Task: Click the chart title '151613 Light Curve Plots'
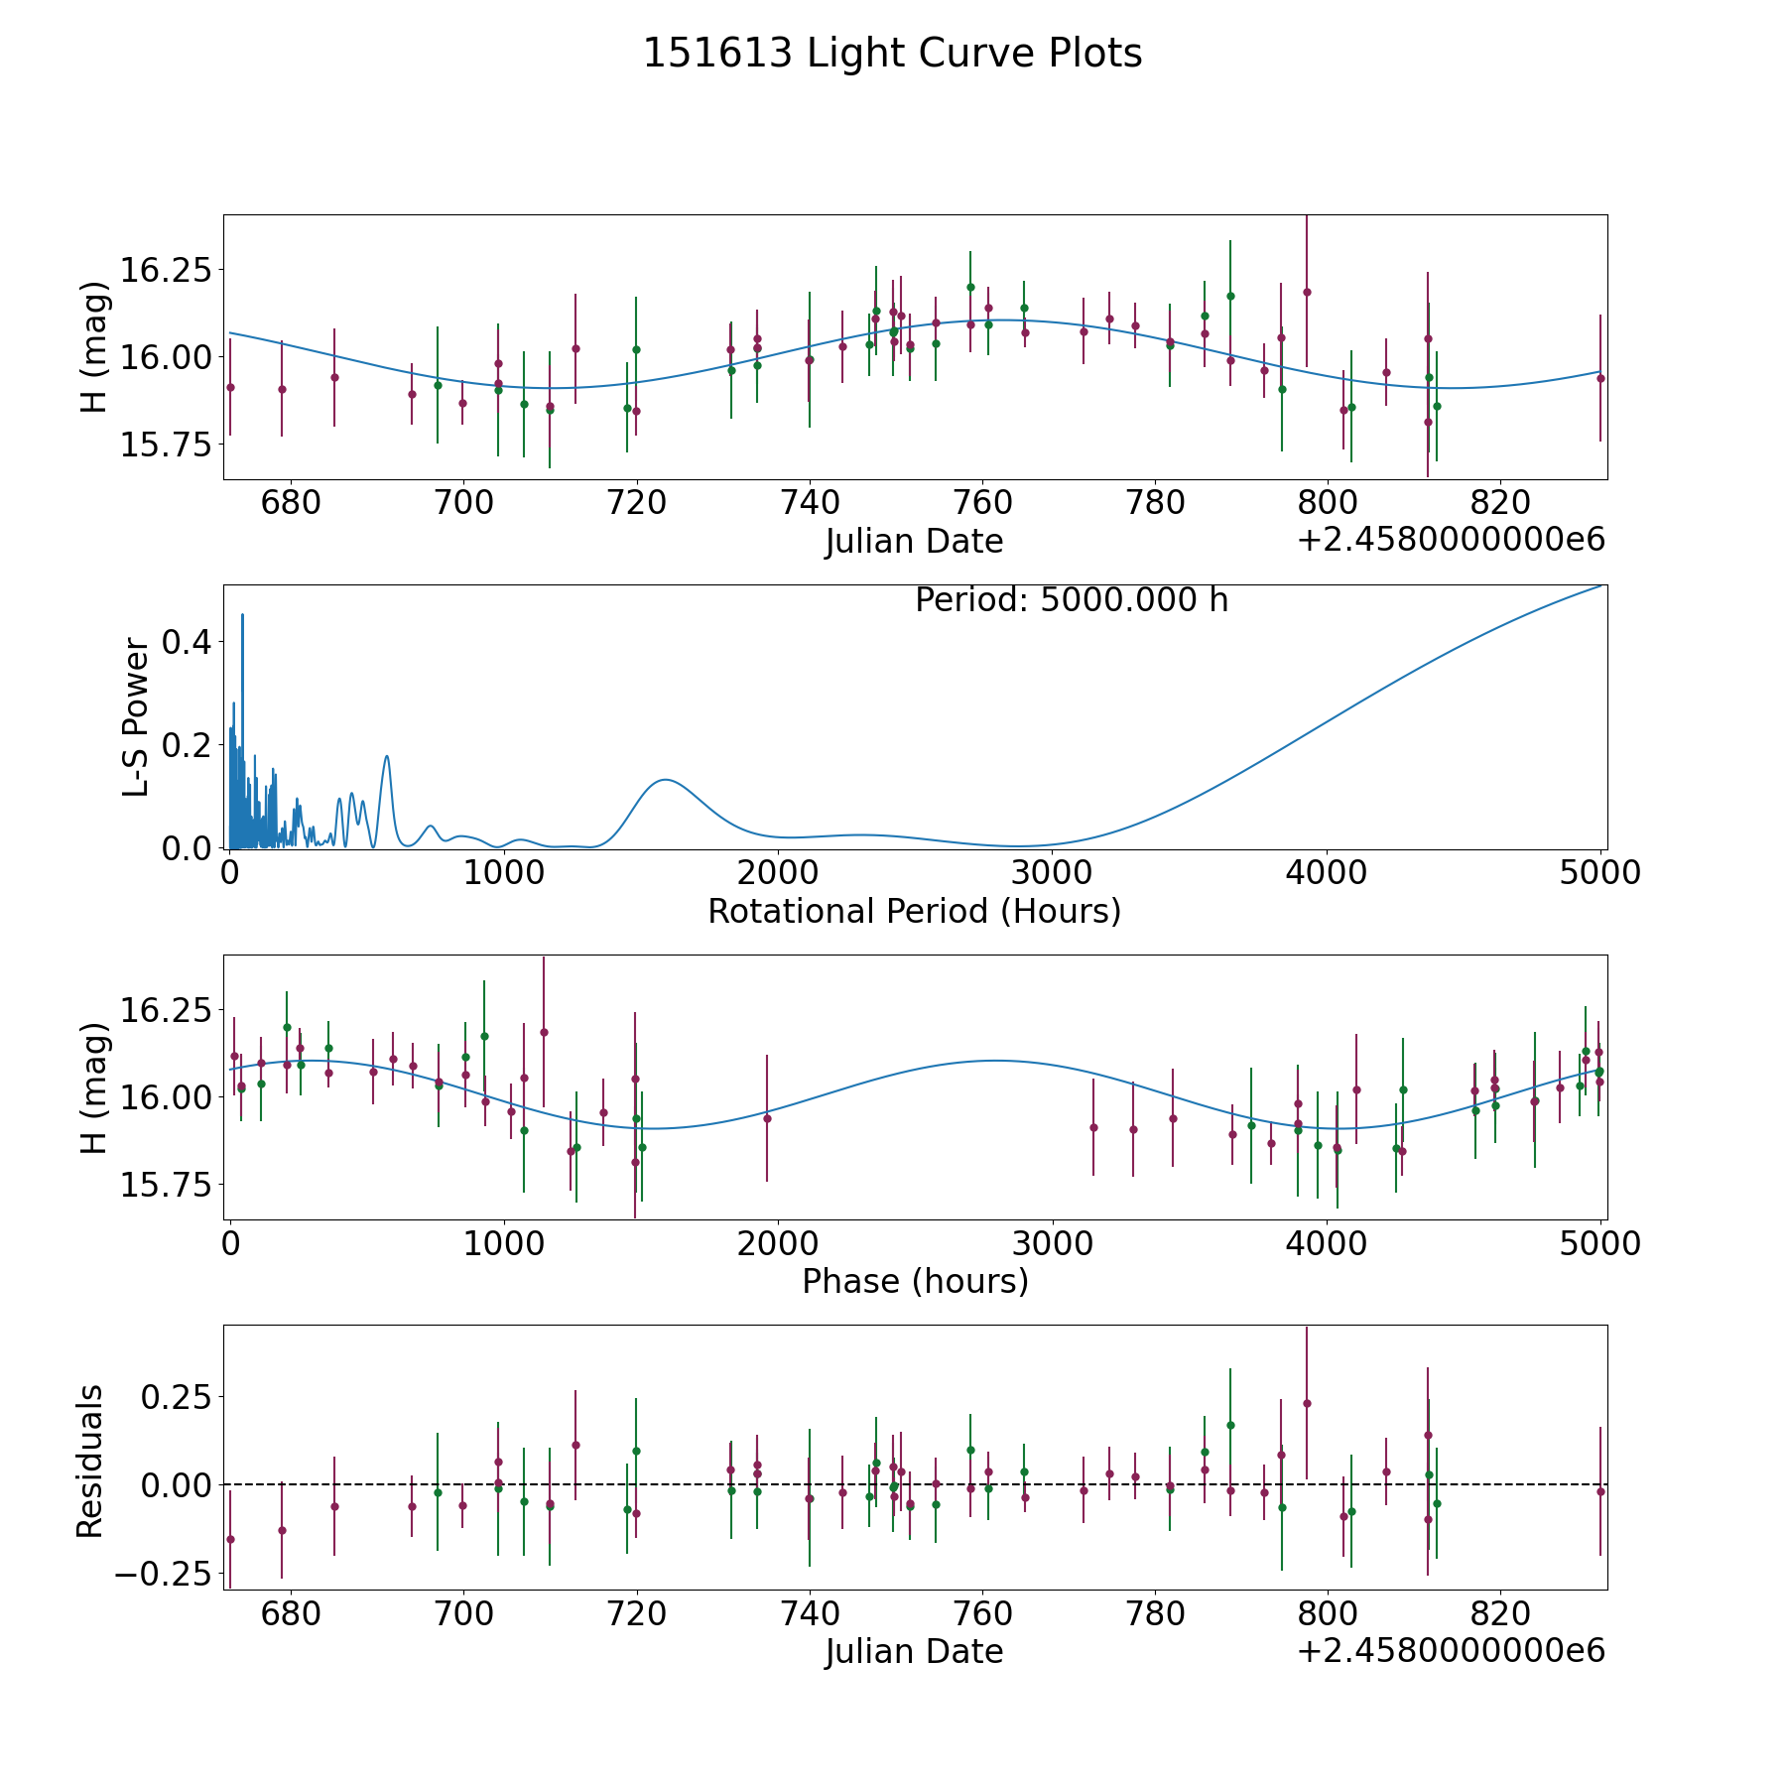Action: pyautogui.click(x=892, y=54)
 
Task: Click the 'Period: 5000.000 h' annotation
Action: pyautogui.click(x=1072, y=600)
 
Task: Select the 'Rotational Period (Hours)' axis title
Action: pyautogui.click(x=914, y=911)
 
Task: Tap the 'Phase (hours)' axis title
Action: pyautogui.click(x=915, y=1281)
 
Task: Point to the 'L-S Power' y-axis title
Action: pyautogui.click(x=137, y=717)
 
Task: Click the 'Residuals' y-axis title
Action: pyautogui.click(x=90, y=1462)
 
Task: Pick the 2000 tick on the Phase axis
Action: pyautogui.click(x=778, y=1244)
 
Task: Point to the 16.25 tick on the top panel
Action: pyautogui.click(x=166, y=270)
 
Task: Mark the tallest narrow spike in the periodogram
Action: pyautogui.click(x=242, y=615)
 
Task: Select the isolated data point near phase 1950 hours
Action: pyautogui.click(x=767, y=1118)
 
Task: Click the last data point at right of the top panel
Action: pyautogui.click(x=1599, y=378)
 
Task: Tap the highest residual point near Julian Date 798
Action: pyautogui.click(x=1307, y=1403)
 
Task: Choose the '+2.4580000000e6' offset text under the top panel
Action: pyautogui.click(x=1451, y=541)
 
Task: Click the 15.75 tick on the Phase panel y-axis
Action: pyautogui.click(x=166, y=1185)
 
